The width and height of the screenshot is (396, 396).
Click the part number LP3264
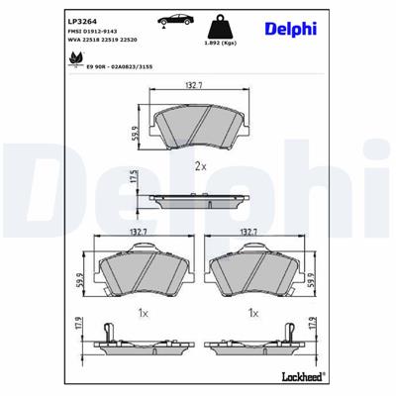click(x=80, y=19)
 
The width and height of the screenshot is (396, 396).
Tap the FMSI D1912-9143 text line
click(x=92, y=31)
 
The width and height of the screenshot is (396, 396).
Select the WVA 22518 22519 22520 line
click(x=102, y=41)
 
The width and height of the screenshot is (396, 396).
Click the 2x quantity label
click(x=200, y=164)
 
